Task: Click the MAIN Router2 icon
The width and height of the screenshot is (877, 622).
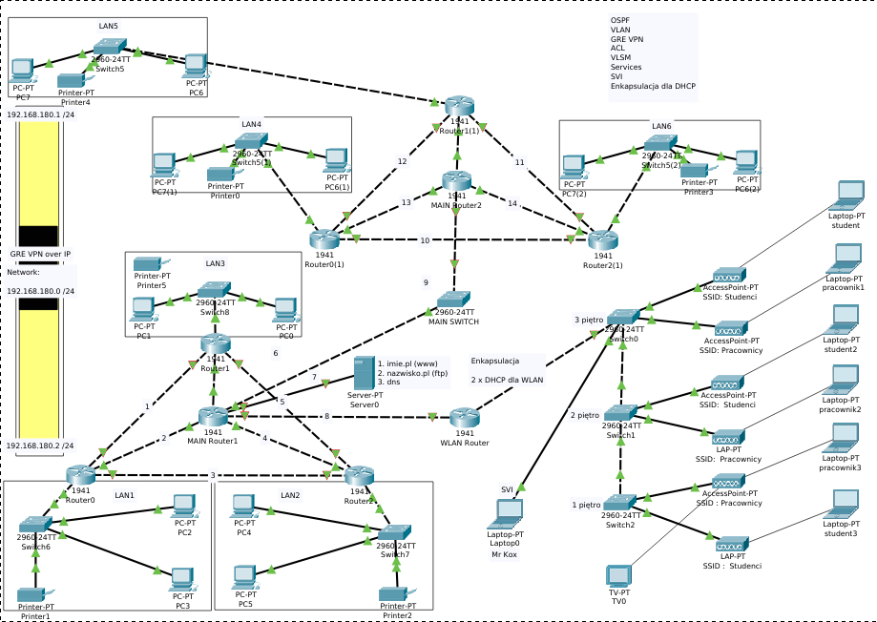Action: [457, 179]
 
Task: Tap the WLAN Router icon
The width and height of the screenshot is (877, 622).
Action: [464, 417]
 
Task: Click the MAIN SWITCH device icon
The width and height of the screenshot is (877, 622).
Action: [453, 298]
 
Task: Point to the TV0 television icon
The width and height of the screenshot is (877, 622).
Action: [618, 575]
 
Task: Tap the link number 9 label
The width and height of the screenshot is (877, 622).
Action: [426, 281]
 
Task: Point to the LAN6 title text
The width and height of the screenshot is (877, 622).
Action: [661, 126]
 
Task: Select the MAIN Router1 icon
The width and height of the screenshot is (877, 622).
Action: [213, 417]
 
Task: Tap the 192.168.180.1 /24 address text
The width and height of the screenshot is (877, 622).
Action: [41, 114]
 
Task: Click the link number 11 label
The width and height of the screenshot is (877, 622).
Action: [519, 162]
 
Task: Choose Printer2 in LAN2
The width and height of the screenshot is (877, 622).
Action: [394, 594]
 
